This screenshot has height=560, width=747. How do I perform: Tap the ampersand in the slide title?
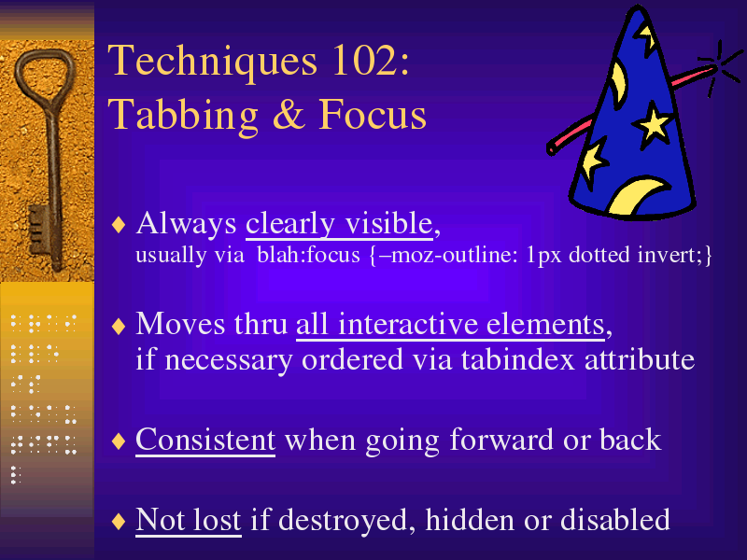pyautogui.click(x=289, y=114)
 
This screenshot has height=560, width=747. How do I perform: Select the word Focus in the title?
pyautogui.click(x=372, y=114)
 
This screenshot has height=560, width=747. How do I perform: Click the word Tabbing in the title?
pyautogui.click(x=183, y=116)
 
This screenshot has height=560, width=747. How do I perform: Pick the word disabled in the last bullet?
pyautogui.click(x=615, y=519)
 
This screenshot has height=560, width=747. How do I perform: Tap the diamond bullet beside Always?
pyautogui.click(x=119, y=224)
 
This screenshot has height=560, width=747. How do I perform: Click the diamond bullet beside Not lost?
pyautogui.click(x=119, y=521)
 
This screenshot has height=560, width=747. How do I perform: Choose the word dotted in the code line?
pyautogui.click(x=599, y=255)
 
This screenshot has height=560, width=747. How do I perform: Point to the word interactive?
pyautogui.click(x=407, y=324)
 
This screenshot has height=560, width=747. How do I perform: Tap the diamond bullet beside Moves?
pyautogui.click(x=119, y=326)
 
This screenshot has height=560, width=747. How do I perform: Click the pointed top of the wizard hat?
pyautogui.click(x=639, y=7)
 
